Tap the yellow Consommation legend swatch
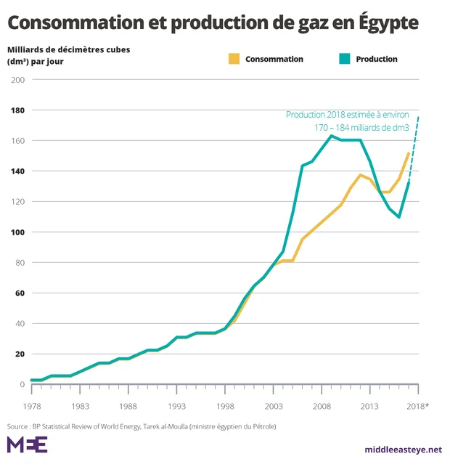click(x=233, y=59)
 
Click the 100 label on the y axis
click(x=17, y=232)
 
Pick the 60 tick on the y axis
click(x=19, y=293)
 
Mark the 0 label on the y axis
click(x=22, y=385)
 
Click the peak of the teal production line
click(x=332, y=136)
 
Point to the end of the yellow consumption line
click(x=409, y=153)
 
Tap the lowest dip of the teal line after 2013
click(x=399, y=216)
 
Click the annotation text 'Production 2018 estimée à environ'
click(x=348, y=115)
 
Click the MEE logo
click(x=27, y=444)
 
